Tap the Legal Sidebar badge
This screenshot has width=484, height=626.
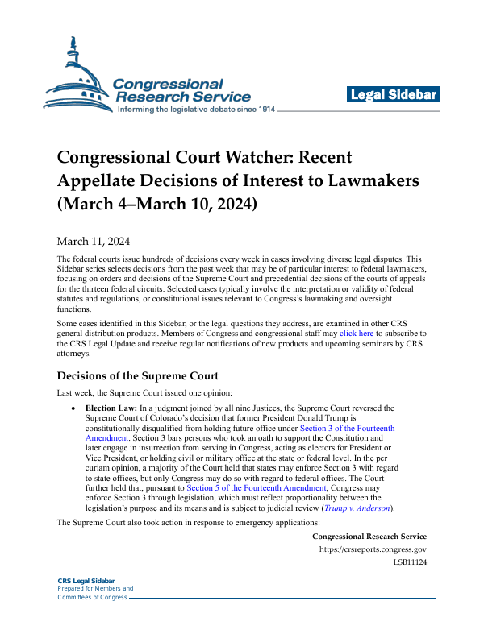394,95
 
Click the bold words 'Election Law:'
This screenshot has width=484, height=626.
113,408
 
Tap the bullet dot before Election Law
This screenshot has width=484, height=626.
75,408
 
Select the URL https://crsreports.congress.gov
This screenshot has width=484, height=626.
373,526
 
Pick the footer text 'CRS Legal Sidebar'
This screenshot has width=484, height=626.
86,581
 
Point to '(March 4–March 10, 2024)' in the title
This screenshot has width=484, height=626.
156,204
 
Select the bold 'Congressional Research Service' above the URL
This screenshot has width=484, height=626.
369,514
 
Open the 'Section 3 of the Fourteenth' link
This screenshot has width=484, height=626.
347,429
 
